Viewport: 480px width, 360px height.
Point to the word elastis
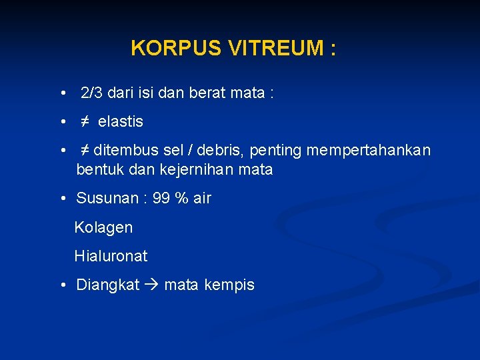pos(121,122)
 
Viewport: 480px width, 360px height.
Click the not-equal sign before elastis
pos(85,122)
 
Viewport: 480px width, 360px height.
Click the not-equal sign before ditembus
pos(85,151)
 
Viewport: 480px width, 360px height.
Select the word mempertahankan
pos(369,151)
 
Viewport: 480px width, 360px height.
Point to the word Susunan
pos(104,199)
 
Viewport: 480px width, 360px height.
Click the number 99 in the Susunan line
pos(161,199)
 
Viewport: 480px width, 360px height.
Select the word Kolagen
pos(103,228)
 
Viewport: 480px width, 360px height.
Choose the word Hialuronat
pos(111,256)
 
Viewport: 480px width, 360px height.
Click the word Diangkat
pos(108,285)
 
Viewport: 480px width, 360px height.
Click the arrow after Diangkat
pos(152,285)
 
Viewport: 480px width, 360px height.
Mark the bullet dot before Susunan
pos(61,199)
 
